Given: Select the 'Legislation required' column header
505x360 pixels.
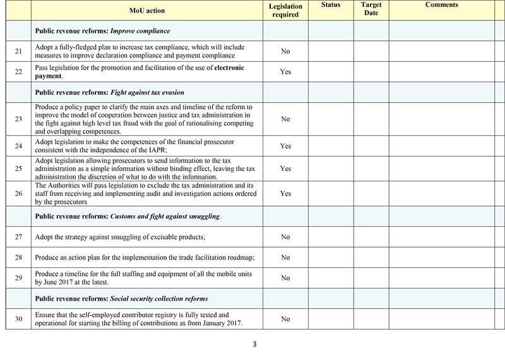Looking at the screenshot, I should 285,10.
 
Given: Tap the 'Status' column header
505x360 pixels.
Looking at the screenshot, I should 330,5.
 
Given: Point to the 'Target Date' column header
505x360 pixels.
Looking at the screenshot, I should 371,9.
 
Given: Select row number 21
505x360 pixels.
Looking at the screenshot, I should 18,51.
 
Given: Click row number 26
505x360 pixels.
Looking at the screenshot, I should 18,194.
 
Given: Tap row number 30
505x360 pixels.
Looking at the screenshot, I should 18,319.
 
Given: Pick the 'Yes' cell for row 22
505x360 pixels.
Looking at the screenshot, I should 285,72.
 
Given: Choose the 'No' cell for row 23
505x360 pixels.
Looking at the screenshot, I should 285,119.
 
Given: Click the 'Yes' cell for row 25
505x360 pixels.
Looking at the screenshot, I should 285,169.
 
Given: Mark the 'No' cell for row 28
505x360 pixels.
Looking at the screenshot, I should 285,257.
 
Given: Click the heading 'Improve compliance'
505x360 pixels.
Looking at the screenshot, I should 140,30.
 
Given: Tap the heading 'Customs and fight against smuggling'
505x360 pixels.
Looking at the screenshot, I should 165,217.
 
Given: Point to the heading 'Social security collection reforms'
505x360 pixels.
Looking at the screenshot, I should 159,298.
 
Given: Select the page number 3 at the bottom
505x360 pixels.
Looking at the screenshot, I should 254,344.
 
